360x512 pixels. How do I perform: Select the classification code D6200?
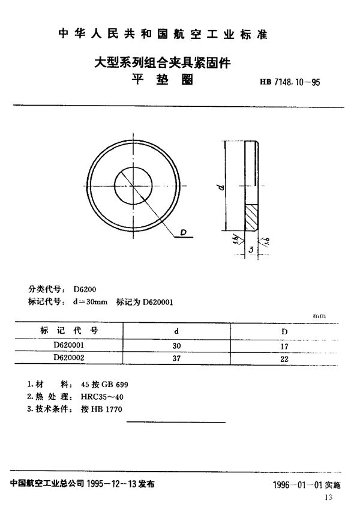(x=81, y=289)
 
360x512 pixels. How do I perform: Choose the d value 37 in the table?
(x=176, y=358)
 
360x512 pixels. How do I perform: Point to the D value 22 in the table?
(x=285, y=358)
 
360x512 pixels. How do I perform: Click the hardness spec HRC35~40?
(x=98, y=396)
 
